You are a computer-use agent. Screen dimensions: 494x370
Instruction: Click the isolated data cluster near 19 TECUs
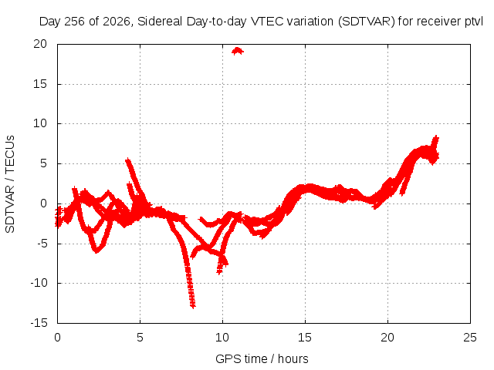point(238,51)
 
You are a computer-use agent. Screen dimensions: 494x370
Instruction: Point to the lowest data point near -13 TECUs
point(193,305)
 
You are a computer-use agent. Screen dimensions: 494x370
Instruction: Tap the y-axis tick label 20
point(40,44)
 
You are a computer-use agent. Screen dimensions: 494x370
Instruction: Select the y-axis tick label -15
point(39,323)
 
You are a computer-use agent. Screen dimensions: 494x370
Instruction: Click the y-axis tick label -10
point(39,283)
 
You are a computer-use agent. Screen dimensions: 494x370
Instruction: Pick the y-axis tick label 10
point(40,123)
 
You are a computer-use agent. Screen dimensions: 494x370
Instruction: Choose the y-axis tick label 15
point(40,84)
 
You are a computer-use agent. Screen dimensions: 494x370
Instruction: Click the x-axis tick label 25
point(470,338)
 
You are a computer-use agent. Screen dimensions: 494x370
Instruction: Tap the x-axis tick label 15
point(305,338)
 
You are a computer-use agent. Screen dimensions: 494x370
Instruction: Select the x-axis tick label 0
point(57,338)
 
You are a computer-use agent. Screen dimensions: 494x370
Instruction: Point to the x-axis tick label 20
point(387,338)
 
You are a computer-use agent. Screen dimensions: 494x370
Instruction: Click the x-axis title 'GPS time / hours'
point(262,359)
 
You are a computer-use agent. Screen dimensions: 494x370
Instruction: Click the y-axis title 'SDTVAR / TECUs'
point(10,184)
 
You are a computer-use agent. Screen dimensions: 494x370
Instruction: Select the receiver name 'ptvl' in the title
point(474,22)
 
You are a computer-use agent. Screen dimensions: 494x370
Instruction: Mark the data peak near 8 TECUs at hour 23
point(436,137)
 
